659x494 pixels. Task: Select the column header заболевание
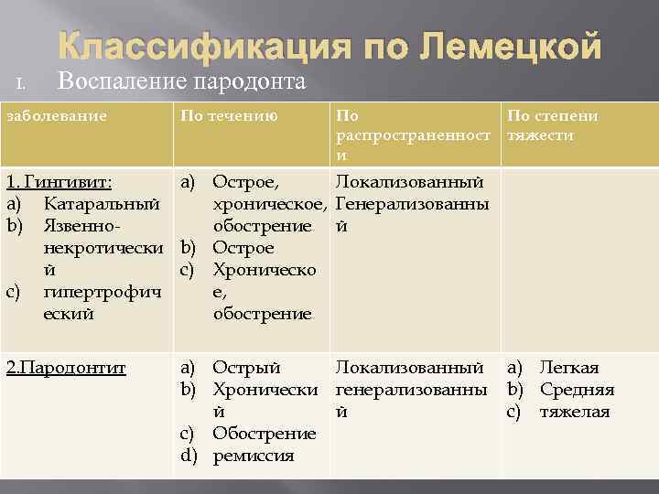[57, 116]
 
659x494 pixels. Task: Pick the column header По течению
[230, 116]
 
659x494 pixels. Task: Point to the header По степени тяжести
[553, 125]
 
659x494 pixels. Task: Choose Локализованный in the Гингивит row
[409, 181]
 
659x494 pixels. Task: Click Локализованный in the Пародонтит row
[409, 368]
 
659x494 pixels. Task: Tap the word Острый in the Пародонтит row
[246, 368]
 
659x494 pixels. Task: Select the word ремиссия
[254, 456]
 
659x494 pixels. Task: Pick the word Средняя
[577, 390]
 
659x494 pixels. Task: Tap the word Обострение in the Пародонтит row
[265, 434]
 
